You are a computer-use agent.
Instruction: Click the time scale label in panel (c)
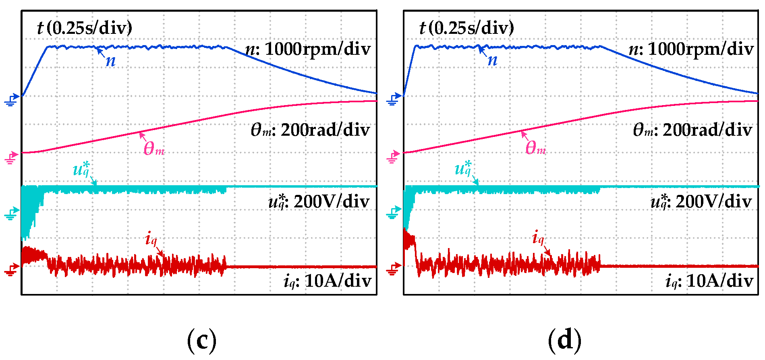pos(85,28)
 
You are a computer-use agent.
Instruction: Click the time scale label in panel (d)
pos(466,28)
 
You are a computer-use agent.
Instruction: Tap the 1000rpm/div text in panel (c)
pos(308,49)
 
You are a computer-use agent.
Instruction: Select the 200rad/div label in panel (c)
pos(310,130)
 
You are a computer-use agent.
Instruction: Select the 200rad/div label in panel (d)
pos(692,130)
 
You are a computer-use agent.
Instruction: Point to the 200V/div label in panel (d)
pos(701,201)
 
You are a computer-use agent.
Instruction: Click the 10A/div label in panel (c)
pos(327,281)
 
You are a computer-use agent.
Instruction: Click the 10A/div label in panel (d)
pos(709,281)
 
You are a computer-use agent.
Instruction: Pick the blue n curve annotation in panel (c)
pos(110,61)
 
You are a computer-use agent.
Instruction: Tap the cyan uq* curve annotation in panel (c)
pos(81,169)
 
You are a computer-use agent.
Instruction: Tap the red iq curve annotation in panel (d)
pos(538,238)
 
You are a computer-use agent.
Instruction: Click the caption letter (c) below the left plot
pos(202,340)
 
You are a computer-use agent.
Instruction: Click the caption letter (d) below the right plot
pos(565,340)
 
